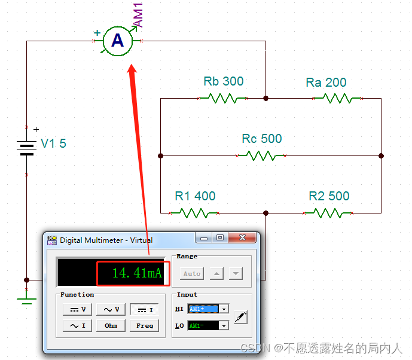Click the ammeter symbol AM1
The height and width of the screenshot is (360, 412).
tap(118, 41)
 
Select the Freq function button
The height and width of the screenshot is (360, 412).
tap(144, 325)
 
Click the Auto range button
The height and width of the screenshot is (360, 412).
tap(192, 273)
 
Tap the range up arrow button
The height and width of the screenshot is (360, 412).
tap(216, 273)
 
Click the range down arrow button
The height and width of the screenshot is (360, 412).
tap(236, 273)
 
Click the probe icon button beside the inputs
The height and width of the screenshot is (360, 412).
tap(240, 317)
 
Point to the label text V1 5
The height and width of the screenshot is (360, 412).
tap(53, 144)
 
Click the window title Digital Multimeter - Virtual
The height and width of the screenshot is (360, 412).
tap(106, 240)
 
